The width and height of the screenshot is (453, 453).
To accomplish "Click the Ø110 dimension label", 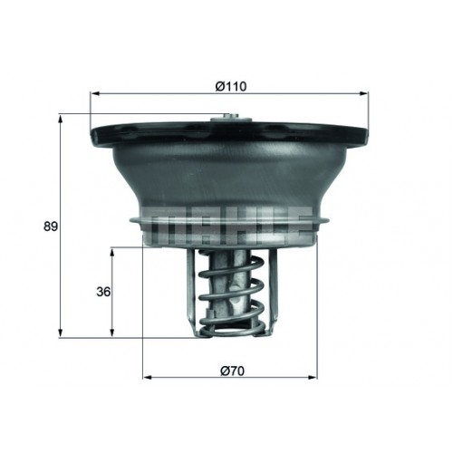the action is tap(231, 87).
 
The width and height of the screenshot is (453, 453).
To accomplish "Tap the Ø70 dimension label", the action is tap(232, 371).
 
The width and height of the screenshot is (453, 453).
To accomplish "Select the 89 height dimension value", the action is tap(51, 226).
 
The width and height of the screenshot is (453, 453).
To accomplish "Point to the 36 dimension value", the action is tap(103, 292).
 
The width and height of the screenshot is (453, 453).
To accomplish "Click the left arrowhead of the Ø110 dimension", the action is tap(95, 94).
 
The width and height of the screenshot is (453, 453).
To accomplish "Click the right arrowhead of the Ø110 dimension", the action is tap(364, 94).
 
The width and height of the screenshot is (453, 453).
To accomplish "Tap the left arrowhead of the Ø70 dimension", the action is tap(147, 377).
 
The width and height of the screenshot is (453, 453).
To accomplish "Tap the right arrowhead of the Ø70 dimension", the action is tap(313, 377).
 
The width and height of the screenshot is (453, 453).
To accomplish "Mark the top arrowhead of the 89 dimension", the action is tap(61, 119).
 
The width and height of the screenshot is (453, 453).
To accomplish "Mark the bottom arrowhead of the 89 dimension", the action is tap(61, 333).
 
